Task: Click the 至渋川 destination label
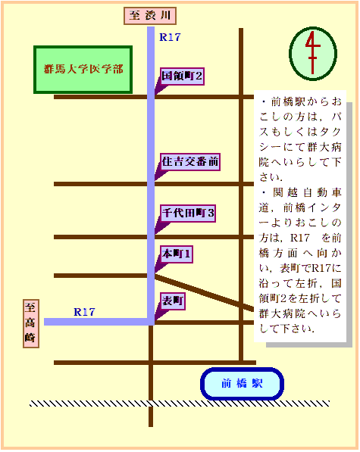tap(150, 16)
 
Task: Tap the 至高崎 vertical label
tap(31, 323)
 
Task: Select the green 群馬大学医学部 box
tap(83, 70)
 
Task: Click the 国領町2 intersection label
tap(182, 76)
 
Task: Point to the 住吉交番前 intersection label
tap(190, 162)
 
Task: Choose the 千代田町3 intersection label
tap(188, 214)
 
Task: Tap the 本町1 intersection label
tap(177, 254)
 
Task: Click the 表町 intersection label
tap(173, 301)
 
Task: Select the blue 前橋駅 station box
tap(242, 384)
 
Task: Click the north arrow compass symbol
tap(313, 54)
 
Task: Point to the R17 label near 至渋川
tap(170, 37)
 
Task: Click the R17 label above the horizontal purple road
tap(84, 312)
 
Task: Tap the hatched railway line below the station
tap(180, 404)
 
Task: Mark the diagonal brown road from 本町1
tap(204, 292)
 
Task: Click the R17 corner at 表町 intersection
tap(151, 322)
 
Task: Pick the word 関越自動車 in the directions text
tap(307, 192)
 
